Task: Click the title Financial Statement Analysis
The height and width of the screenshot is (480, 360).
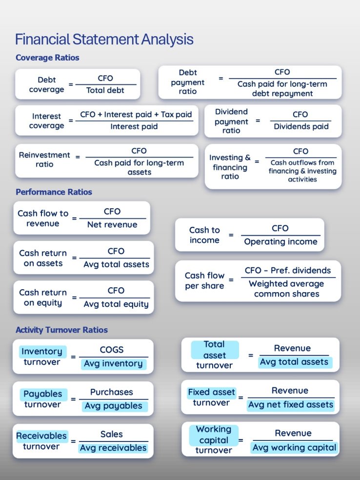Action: [104, 39]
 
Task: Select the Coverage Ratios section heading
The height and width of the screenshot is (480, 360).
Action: [47, 58]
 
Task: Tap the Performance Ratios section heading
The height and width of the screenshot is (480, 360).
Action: [54, 192]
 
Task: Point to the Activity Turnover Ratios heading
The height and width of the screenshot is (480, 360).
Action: [61, 330]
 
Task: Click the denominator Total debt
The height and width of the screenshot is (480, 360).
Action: [105, 90]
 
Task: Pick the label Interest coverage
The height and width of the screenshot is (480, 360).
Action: [46, 121]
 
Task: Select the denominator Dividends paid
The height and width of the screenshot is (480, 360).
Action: [301, 127]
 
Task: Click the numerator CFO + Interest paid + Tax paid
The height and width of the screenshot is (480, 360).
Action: [136, 114]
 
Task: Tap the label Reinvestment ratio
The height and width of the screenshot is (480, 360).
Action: [44, 160]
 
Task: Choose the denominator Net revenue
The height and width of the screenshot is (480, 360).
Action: [112, 225]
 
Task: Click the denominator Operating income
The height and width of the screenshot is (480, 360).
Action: [280, 242]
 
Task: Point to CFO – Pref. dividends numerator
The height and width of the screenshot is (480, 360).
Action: [288, 270]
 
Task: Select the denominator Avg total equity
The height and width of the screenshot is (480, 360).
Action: [116, 304]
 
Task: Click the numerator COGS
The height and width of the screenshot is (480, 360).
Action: [112, 350]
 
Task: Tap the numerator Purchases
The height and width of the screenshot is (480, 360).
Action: [111, 392]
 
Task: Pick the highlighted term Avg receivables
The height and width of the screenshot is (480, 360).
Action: [113, 448]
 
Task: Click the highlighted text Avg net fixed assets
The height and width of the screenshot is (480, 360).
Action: [290, 405]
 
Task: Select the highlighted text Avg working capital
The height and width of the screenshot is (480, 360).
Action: [294, 447]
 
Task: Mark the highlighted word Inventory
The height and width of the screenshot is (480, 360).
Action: [42, 351]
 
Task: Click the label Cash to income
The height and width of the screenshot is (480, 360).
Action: [204, 235]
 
